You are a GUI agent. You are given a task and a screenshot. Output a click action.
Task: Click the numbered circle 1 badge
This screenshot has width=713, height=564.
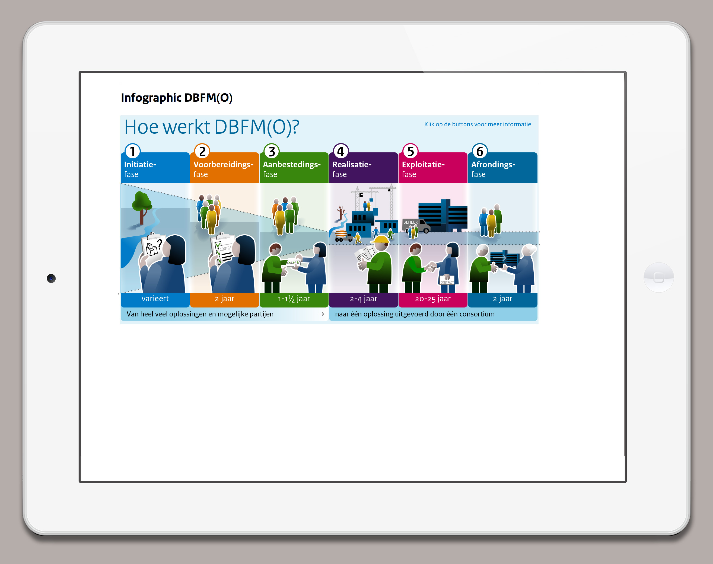coord(132,152)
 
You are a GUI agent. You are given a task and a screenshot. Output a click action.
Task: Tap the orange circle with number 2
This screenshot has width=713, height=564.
coord(202,152)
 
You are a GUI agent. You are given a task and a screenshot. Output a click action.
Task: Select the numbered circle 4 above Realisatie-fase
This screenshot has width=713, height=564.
coord(341,152)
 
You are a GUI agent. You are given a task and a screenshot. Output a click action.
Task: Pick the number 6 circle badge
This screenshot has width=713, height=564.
coord(480,152)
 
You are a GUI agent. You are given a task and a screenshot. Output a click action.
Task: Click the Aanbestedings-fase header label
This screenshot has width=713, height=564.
coord(292,169)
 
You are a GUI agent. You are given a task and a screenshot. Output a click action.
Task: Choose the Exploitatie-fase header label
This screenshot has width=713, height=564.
coord(423,169)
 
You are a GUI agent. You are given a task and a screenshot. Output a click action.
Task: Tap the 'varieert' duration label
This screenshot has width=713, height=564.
coord(155,299)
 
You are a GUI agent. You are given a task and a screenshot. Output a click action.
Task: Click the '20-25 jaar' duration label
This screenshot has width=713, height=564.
coord(433,299)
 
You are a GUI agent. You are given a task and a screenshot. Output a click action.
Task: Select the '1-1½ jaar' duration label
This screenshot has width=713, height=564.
coord(294,299)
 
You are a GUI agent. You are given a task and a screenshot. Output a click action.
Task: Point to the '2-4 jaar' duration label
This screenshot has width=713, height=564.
coord(364,299)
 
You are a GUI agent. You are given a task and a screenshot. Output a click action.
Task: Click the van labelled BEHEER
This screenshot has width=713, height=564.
coord(416,226)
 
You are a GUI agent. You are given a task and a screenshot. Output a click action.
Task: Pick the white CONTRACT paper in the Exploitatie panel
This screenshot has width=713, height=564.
coord(447,280)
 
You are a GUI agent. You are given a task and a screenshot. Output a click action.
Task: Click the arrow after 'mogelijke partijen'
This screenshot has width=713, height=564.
coord(320,314)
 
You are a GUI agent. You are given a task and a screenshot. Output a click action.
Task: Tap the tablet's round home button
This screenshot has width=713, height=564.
coord(658,277)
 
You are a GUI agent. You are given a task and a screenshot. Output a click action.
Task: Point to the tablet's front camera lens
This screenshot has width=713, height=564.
coord(51,278)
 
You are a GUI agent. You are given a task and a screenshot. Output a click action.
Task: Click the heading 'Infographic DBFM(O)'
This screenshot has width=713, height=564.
coord(177,98)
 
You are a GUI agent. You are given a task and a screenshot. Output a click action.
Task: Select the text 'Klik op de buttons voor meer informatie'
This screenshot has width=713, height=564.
coord(478,124)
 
